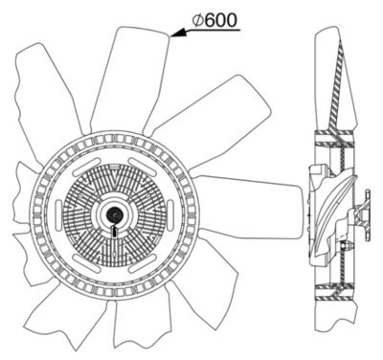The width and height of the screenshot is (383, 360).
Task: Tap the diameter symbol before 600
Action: pyautogui.click(x=197, y=21)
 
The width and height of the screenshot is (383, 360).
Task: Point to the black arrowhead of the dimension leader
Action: pyautogui.click(x=178, y=34)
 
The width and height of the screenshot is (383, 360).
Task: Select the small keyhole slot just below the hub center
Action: pyautogui.click(x=114, y=231)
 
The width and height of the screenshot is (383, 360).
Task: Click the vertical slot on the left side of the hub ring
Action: pyautogui.click(x=58, y=214)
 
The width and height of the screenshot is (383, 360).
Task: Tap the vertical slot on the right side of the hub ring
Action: pyautogui.click(x=170, y=214)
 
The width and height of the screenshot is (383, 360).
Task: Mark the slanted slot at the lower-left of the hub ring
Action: pyautogui.click(x=86, y=262)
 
